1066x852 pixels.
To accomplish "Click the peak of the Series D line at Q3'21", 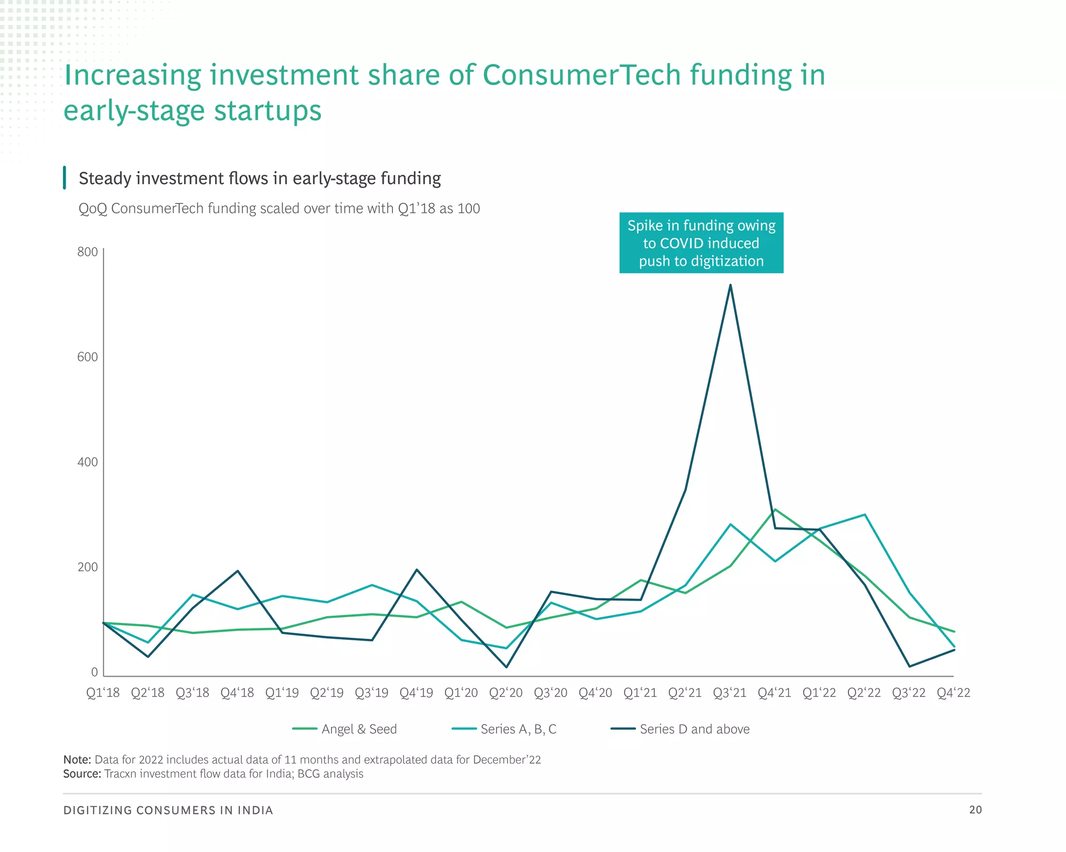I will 730,285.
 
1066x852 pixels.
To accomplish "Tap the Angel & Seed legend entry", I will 345,729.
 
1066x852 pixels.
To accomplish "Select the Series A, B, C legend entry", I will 504,729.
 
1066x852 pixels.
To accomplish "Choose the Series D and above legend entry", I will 680,729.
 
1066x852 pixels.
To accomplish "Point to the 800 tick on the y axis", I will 87,252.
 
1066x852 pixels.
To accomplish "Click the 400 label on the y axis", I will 87,462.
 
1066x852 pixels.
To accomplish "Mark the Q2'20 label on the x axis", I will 506,693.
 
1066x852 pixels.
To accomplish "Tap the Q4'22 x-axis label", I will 954,693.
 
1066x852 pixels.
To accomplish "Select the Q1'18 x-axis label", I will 103,693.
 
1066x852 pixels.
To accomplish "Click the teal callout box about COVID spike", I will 701,243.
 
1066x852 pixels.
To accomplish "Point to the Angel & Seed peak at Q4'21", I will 775,509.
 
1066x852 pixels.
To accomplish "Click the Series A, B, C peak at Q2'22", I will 865,514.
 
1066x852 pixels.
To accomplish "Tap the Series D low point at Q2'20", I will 506,667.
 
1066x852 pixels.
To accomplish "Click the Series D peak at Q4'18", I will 238,571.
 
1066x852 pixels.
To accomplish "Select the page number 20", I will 975,810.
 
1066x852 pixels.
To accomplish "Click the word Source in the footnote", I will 82,774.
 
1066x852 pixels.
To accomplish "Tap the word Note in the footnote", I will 77,760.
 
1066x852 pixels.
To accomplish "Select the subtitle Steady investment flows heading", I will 260,178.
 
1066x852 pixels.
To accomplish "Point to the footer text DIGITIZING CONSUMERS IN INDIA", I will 168,810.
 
